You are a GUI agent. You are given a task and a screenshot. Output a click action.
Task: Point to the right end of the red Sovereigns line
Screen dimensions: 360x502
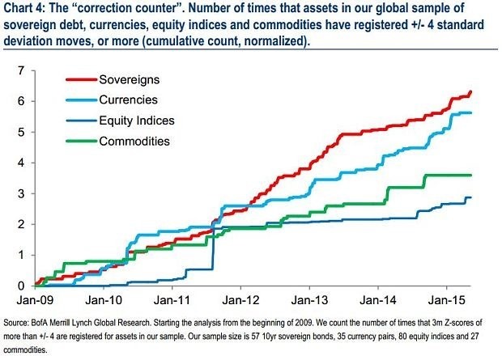coord(470,91)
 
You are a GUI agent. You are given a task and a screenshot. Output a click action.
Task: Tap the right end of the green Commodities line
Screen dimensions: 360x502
coord(470,175)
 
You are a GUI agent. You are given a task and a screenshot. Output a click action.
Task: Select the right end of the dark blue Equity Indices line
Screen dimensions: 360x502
coord(470,197)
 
